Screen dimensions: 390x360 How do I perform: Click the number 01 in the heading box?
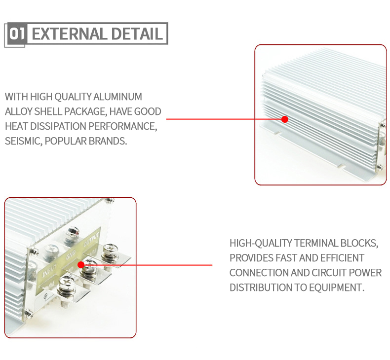click(17, 34)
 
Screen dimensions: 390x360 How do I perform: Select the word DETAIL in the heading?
click(137, 34)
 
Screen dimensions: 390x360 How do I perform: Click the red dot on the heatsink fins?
click(285, 119)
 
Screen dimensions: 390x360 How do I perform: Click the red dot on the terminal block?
click(81, 265)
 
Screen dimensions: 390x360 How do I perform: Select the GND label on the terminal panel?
click(71, 255)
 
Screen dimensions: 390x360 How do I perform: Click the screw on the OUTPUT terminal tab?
click(110, 252)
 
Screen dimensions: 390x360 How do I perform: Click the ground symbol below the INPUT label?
click(45, 296)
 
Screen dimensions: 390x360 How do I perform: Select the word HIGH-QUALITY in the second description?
click(261, 243)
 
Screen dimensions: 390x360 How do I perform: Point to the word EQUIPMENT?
click(337, 288)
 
